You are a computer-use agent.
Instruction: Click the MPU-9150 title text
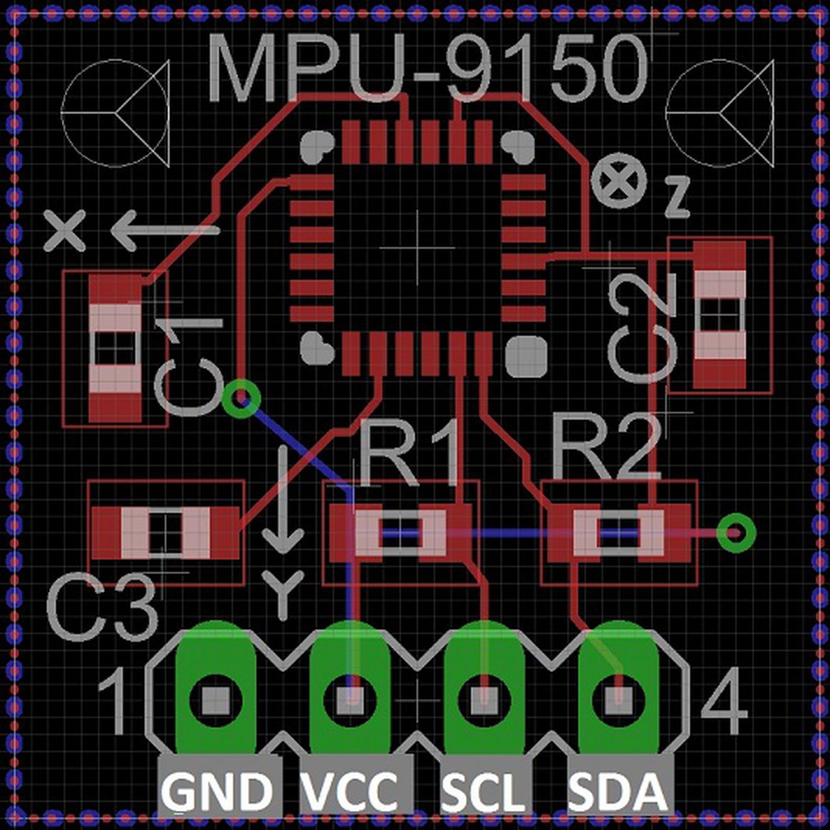tap(429, 68)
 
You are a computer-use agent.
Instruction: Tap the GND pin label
tap(219, 790)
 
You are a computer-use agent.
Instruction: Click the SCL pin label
tap(485, 790)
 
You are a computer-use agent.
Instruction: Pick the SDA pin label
tap(618, 790)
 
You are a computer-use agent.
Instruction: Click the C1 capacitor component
tap(115, 348)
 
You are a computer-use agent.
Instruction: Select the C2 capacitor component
tap(720, 314)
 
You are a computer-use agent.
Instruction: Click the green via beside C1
tap(241, 398)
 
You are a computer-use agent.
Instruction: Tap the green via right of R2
tap(735, 532)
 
